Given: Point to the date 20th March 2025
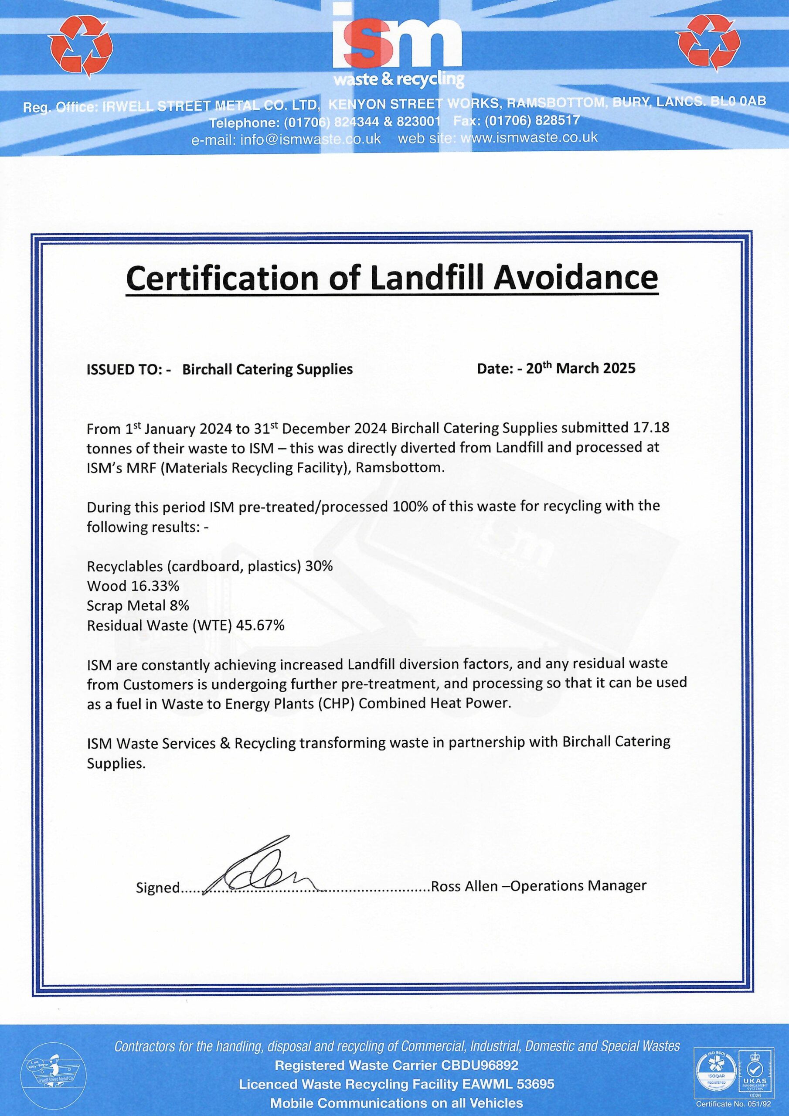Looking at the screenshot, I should point(581,368).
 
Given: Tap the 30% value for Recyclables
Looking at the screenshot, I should point(320,566).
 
